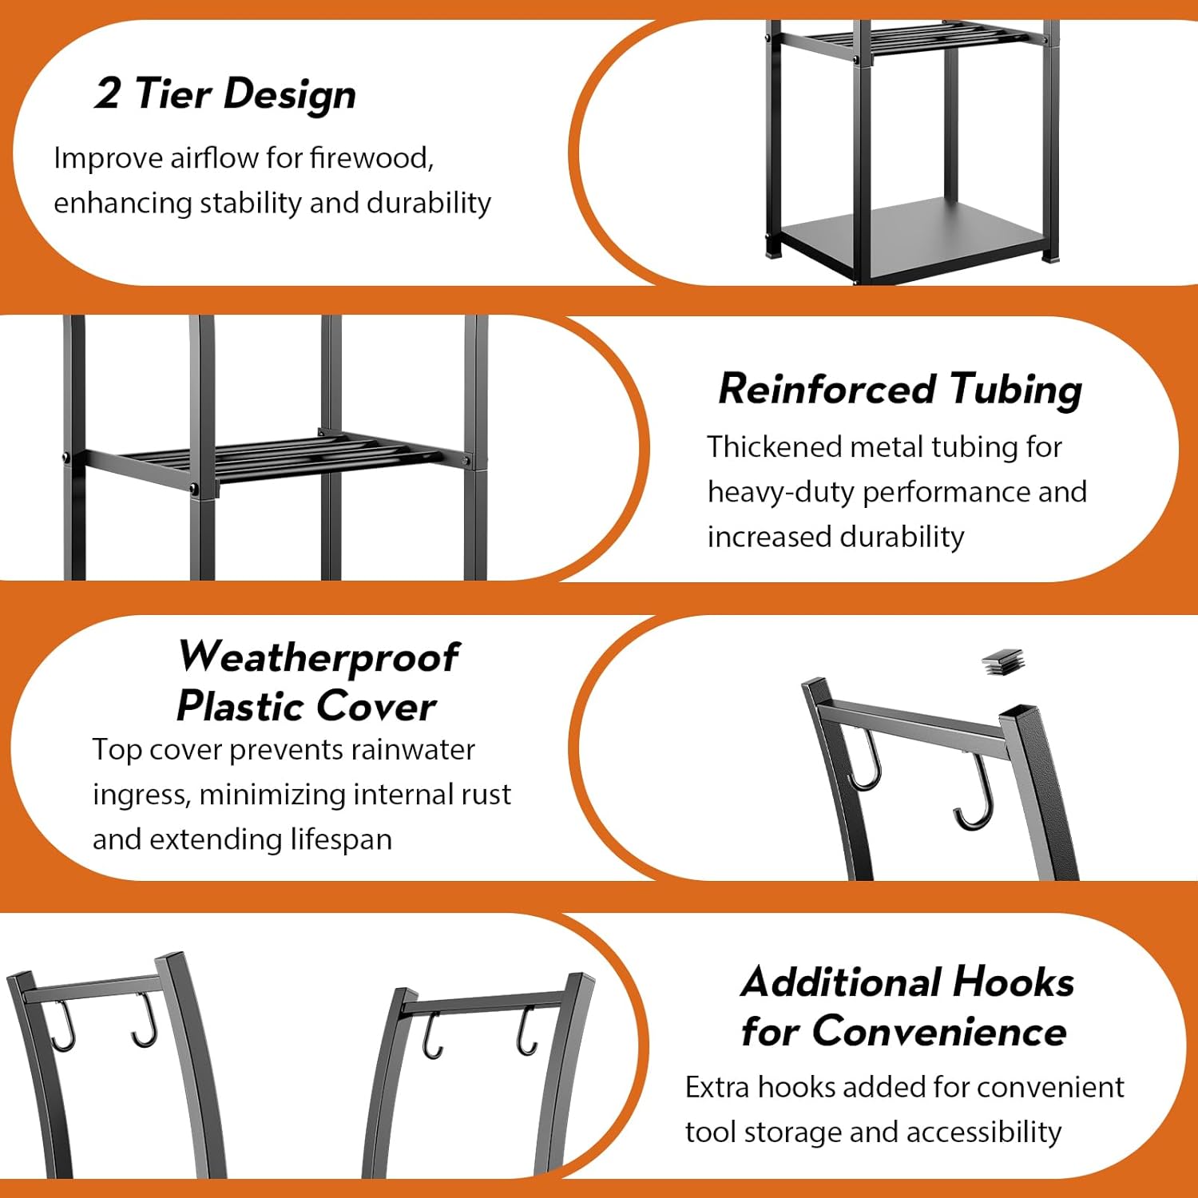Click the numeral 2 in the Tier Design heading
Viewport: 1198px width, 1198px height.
(x=108, y=93)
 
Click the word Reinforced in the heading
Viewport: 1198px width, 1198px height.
(x=826, y=389)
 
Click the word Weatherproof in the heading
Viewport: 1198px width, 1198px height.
(x=318, y=657)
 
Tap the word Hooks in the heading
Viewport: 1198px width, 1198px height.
(x=1014, y=982)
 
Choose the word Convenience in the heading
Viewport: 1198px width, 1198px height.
(x=939, y=1031)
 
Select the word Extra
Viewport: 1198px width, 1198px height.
(x=716, y=1087)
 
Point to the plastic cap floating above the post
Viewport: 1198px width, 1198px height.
(x=1002, y=661)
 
